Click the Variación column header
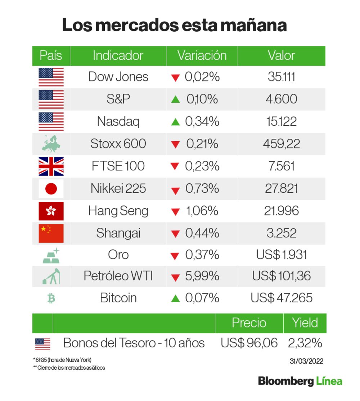tap(202, 56)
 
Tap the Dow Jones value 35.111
tap(282, 77)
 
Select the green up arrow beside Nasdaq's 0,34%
tap(175, 122)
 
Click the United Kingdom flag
tap(51, 166)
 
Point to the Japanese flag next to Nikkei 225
tap(51, 188)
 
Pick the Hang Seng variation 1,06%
tap(202, 211)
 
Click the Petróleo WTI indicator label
tap(118, 276)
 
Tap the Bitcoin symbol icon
tap(51, 298)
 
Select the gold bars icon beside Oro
tap(51, 255)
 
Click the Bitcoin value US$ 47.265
tap(282, 298)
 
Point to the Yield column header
tap(305, 323)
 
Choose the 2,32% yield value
tap(305, 343)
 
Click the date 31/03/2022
tap(306, 361)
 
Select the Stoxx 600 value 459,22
tap(282, 144)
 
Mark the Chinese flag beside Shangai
tap(51, 233)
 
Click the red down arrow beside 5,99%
tap(175, 277)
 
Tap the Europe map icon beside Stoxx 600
tap(51, 144)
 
